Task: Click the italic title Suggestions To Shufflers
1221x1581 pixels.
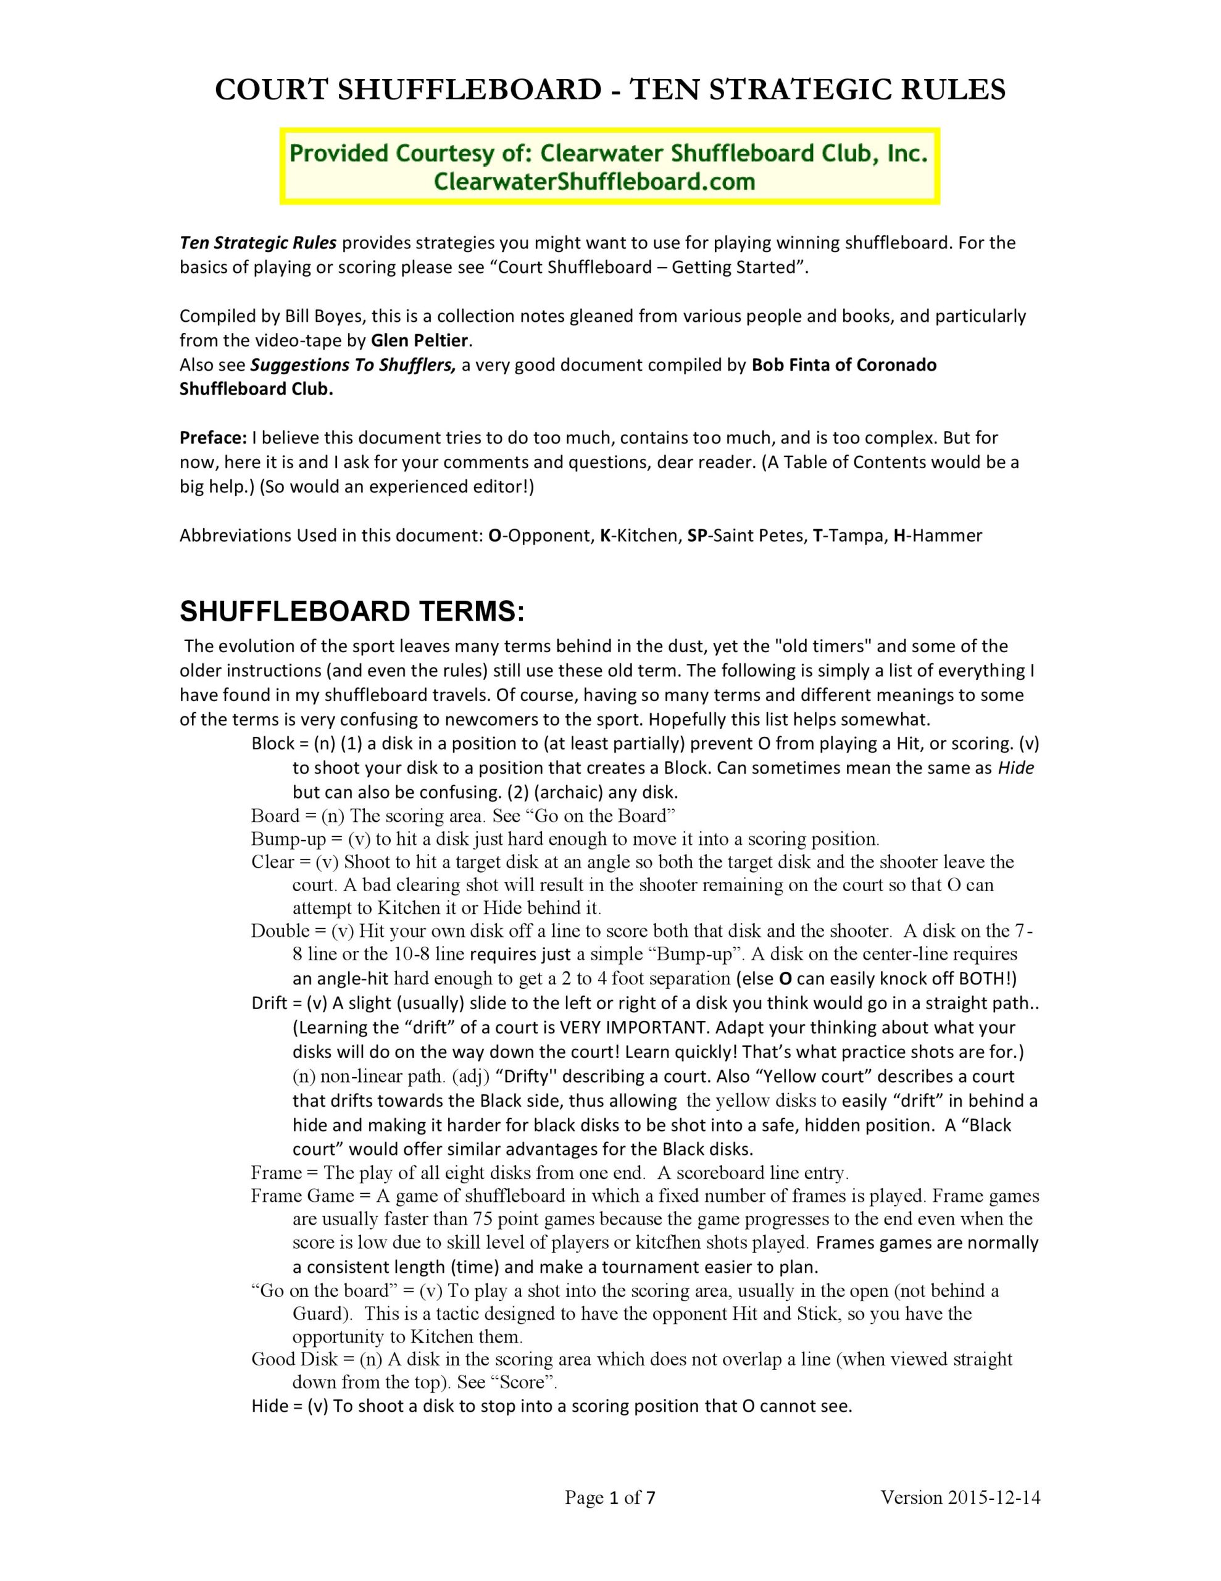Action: [353, 365]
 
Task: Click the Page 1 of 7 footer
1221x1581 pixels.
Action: [610, 1498]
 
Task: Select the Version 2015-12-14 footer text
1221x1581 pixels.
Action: [960, 1498]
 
